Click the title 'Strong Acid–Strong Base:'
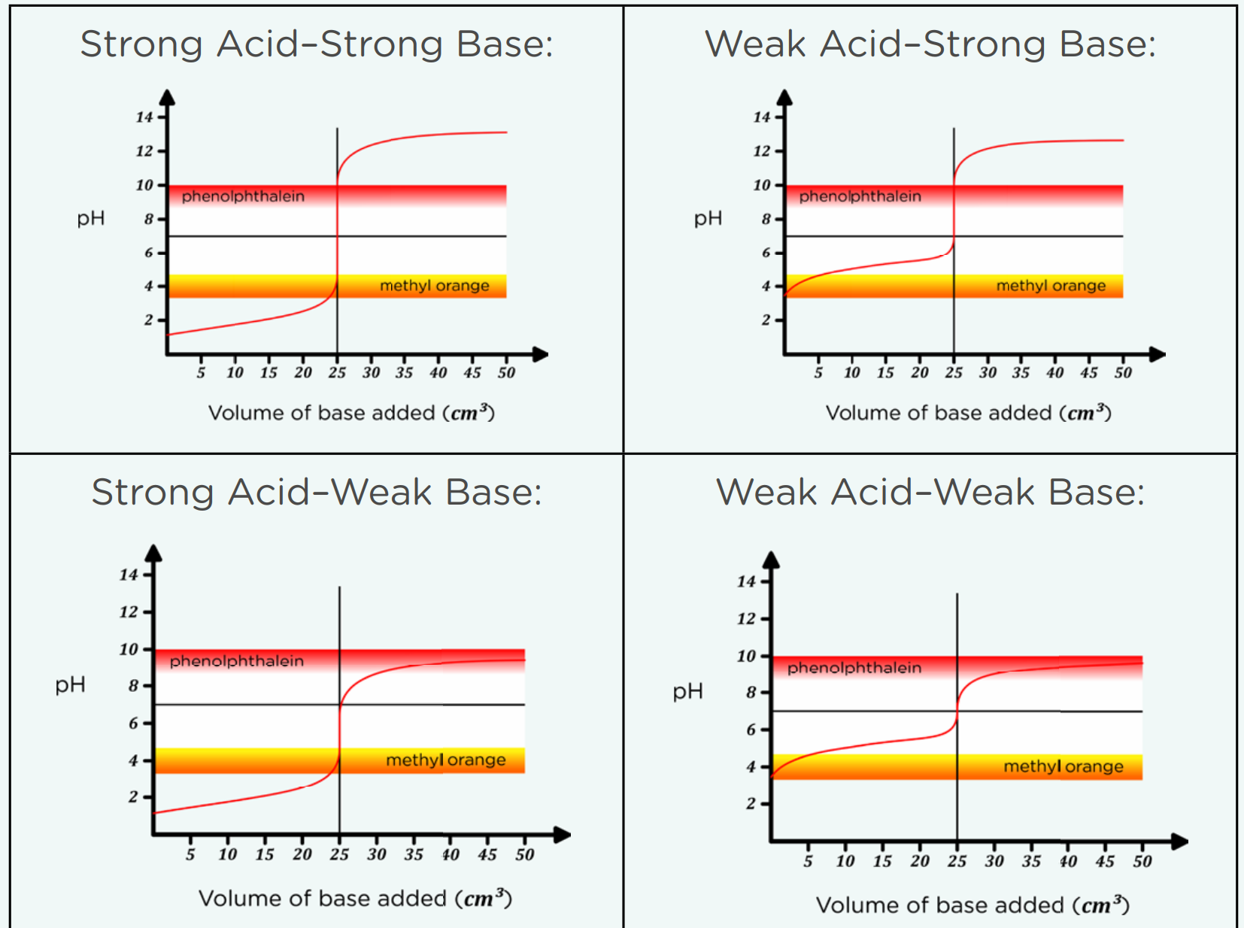(316, 44)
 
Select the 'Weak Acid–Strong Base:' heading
(930, 44)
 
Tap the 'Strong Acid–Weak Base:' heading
(316, 493)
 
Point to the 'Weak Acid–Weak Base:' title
(930, 493)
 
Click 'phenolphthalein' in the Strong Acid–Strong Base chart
(243, 196)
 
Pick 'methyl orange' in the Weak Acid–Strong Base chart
(1051, 286)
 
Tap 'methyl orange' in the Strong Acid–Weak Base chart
(445, 760)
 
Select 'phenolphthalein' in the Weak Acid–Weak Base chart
(854, 668)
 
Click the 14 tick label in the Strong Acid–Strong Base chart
(144, 117)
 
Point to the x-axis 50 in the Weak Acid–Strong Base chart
(1123, 373)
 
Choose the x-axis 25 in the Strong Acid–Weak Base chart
(339, 855)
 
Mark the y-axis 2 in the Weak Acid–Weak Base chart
(751, 804)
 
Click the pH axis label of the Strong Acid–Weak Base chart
(70, 685)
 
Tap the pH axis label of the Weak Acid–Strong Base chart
(708, 219)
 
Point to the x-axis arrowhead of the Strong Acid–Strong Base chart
(540, 354)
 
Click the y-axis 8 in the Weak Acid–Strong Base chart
(766, 219)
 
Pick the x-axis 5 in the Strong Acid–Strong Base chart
(201, 373)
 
